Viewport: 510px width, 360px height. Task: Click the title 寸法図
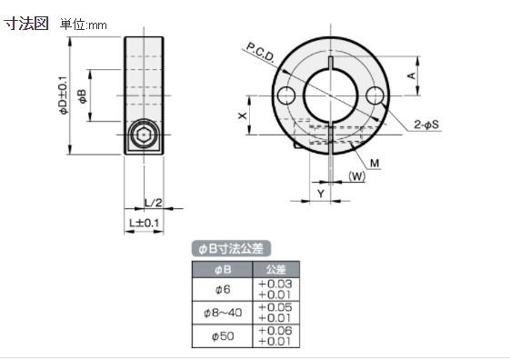point(26,24)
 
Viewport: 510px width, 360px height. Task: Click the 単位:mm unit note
point(84,25)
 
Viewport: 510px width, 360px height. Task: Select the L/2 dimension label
point(153,202)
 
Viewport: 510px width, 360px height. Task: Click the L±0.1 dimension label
point(144,222)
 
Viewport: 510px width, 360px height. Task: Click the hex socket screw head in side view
point(144,135)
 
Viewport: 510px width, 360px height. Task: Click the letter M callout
point(375,163)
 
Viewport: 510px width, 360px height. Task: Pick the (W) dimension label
point(356,177)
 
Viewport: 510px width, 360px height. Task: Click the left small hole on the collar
point(287,95)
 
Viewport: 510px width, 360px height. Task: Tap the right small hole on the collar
point(375,95)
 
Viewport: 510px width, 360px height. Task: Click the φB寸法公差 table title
point(234,248)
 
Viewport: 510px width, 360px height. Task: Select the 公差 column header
point(275,269)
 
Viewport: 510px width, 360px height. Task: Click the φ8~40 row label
point(222,312)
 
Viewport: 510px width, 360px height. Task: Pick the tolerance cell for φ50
point(275,335)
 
